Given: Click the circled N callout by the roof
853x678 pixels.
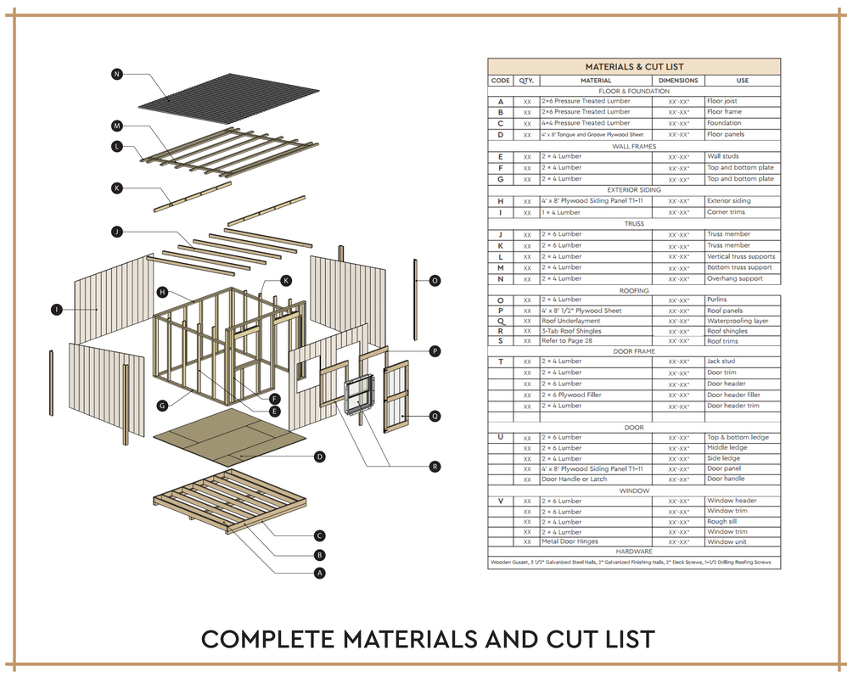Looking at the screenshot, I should (117, 75).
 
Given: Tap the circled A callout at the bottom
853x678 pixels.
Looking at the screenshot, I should (320, 573).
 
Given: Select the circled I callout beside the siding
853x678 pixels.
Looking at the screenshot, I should (56, 310).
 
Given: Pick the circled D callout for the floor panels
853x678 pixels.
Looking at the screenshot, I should (320, 457).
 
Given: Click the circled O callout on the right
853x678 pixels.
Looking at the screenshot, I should (435, 280).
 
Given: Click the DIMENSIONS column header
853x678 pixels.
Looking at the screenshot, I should (678, 81).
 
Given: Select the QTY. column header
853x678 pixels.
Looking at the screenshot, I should (526, 81).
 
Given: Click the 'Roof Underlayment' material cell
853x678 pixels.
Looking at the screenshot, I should (571, 321).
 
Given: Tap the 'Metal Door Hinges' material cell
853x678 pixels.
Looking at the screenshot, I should (570, 541).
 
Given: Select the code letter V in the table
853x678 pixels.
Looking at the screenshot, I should (501, 501).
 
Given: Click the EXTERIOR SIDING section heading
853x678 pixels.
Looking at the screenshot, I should (634, 190).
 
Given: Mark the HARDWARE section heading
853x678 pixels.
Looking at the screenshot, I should (634, 552).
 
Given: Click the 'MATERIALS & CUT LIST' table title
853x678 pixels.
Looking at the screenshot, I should (634, 66).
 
